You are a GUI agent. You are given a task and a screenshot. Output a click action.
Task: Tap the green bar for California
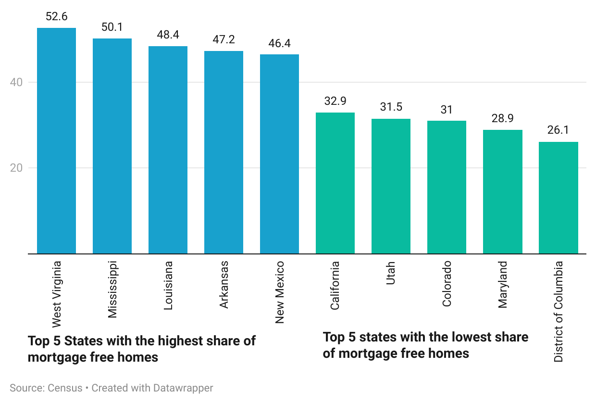coord(335,183)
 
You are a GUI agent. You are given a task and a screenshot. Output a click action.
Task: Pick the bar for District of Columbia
coord(558,198)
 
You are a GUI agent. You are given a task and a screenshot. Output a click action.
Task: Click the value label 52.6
coord(56,17)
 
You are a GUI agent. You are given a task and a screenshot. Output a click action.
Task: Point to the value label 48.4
coord(168,35)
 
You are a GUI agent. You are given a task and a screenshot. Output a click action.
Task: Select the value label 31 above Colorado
coord(447,110)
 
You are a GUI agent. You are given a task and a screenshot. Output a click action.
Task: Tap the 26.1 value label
coord(558,130)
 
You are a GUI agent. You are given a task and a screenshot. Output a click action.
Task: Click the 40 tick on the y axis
coord(17,82)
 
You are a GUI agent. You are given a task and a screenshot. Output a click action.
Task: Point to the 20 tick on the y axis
coord(17,168)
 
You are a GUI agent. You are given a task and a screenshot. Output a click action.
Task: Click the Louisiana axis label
coord(168,286)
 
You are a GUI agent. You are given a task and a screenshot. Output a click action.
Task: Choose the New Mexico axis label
coord(280,292)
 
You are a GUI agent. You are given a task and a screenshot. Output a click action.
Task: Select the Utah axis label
coord(391,273)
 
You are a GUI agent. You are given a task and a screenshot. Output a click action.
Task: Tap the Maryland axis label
coord(502,284)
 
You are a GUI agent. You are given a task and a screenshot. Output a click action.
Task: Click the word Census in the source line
coord(65,388)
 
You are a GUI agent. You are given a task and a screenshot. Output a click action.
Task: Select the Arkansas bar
coord(223,152)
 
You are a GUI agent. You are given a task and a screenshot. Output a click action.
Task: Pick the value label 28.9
coord(502,118)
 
